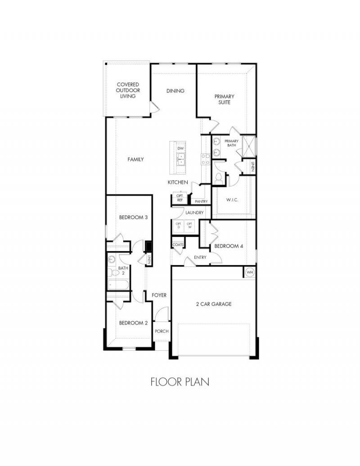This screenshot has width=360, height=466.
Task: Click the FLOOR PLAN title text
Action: point(180,382)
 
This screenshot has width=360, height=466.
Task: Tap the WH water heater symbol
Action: point(250,272)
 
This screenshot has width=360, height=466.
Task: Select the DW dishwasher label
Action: point(180,148)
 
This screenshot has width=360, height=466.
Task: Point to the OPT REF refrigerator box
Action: point(180,198)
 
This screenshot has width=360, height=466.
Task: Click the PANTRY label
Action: point(201,202)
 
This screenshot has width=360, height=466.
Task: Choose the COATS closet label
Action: point(178,245)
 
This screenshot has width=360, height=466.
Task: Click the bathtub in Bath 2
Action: point(118,285)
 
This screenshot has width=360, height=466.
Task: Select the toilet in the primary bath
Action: point(219,177)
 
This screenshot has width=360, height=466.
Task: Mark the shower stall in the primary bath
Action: point(248,146)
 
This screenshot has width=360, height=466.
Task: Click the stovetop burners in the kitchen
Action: point(206,159)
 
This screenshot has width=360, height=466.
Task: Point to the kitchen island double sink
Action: point(180,159)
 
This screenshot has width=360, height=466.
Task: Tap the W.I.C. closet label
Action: point(232,200)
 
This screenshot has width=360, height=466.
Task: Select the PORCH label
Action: point(162,331)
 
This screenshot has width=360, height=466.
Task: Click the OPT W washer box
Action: point(189,226)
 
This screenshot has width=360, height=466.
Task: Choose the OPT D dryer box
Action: point(179,226)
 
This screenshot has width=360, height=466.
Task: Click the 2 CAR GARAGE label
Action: point(214,304)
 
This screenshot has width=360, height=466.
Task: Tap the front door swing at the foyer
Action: point(162,314)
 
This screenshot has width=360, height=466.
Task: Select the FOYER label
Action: point(159,295)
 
